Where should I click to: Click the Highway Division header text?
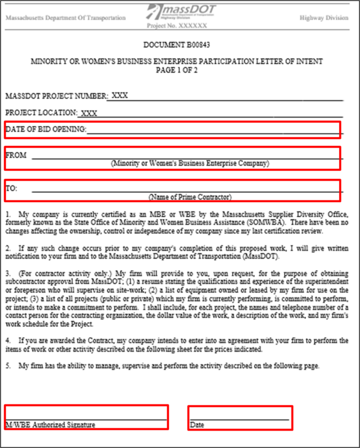coord(324,17)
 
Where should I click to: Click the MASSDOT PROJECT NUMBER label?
coord(56,95)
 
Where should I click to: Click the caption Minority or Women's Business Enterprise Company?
coord(190,163)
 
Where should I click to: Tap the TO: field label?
coord(12,188)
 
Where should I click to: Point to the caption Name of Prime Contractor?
coord(190,196)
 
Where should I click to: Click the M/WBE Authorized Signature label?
coord(50,425)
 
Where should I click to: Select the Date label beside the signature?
coord(197,425)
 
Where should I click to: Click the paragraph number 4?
coord(8,340)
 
